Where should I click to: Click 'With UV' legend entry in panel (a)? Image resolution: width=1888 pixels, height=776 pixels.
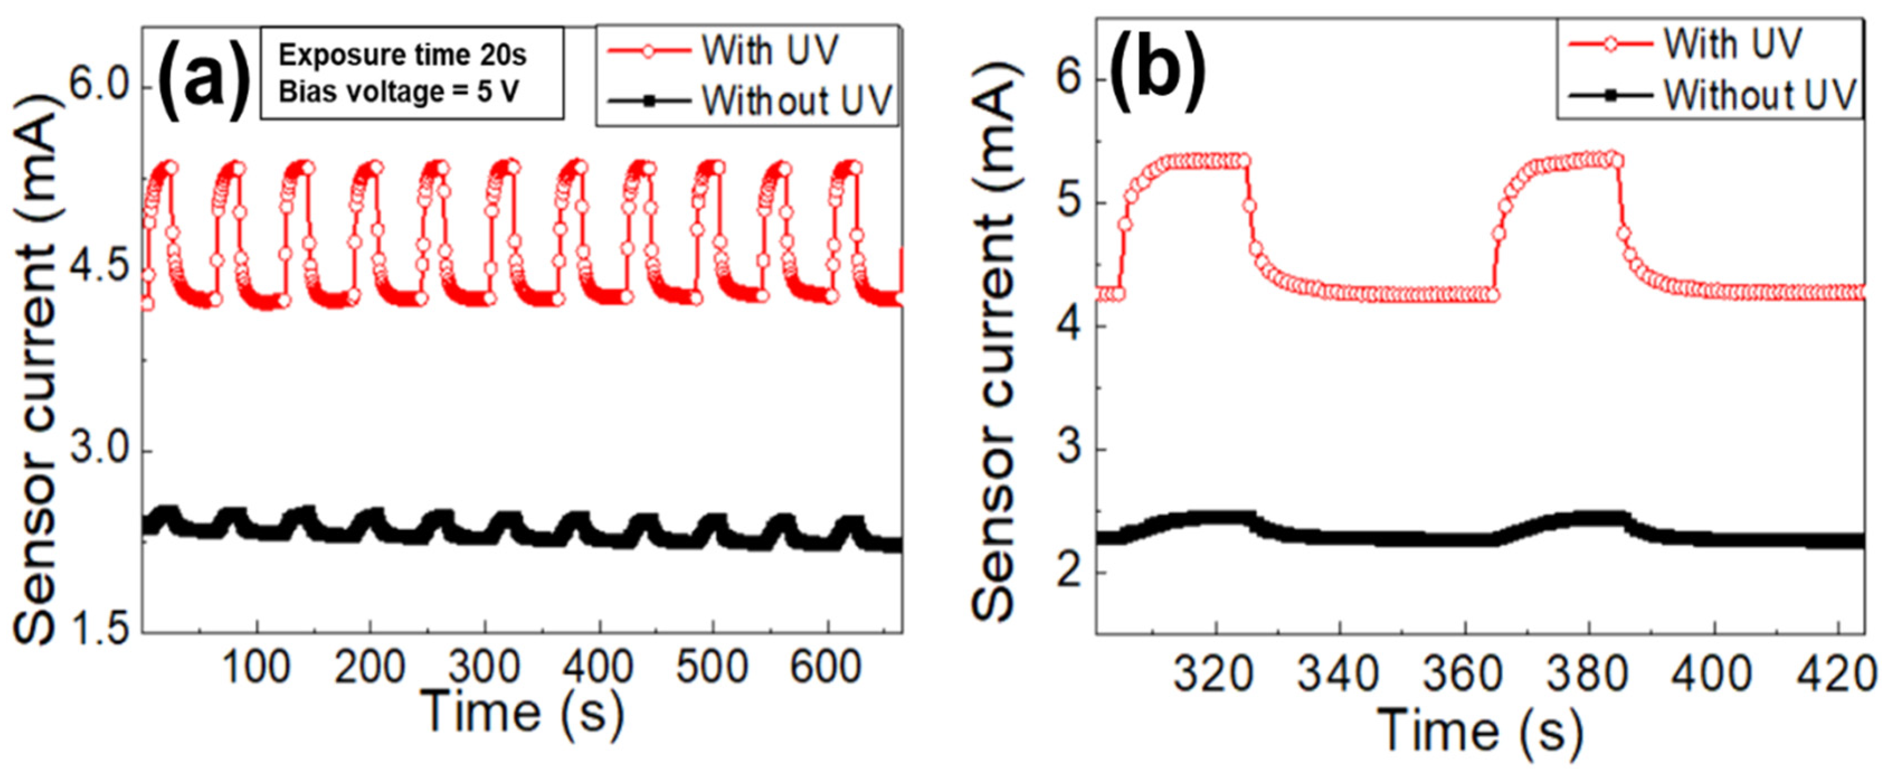(x=769, y=51)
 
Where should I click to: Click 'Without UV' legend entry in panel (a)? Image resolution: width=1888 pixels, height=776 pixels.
(x=797, y=101)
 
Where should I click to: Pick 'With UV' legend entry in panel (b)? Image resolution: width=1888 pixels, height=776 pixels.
(x=1732, y=44)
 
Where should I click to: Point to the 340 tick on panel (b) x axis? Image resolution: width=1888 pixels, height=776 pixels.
(x=1339, y=675)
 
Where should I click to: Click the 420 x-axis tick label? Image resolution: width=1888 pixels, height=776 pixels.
(x=1834, y=675)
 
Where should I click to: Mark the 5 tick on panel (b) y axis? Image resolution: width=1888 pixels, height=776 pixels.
(x=1070, y=203)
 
